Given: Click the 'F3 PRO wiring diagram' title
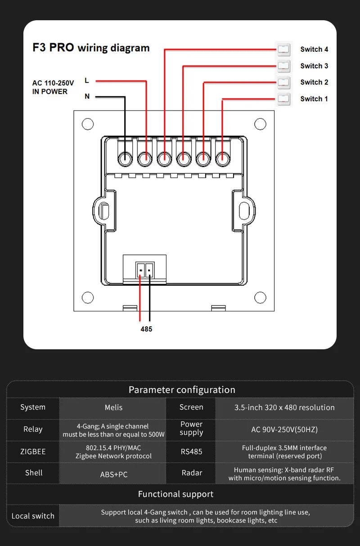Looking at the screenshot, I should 91,48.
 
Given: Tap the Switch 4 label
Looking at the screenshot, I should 314,49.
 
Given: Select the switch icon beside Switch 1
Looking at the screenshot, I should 283,99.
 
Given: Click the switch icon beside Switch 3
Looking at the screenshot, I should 283,66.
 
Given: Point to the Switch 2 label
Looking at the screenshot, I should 314,82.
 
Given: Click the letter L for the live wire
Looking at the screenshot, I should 87,81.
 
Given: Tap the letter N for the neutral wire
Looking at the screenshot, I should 87,96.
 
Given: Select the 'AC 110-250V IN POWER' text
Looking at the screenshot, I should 53,87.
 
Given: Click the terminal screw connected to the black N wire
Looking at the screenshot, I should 125,158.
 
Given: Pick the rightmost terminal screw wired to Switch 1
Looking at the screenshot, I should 222,158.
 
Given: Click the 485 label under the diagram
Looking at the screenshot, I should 146,329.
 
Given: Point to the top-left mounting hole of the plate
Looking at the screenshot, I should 88,124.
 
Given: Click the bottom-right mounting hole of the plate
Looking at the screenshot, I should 260,297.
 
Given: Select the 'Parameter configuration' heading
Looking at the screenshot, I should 182,390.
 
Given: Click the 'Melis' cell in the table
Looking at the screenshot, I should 113,407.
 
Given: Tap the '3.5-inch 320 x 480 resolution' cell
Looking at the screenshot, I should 284,407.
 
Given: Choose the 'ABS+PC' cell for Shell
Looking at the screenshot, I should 113,474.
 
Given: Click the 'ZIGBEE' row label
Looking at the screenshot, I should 33,451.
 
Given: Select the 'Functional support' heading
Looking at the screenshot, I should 175,494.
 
